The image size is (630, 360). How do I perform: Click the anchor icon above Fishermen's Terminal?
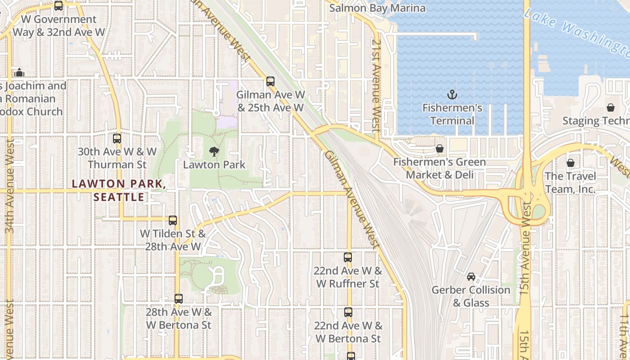[452, 94]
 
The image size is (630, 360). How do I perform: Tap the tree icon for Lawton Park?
[214, 152]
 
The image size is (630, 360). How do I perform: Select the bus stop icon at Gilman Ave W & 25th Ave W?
[270, 81]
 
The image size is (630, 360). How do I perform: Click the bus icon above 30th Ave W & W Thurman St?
[117, 139]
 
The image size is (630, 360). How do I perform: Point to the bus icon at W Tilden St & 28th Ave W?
[173, 220]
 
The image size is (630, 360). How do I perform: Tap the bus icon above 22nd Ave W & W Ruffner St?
[348, 257]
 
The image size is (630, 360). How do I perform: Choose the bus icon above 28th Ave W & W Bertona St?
[179, 299]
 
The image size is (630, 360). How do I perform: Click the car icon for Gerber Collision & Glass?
[471, 277]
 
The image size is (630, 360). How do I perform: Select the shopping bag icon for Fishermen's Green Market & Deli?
[440, 148]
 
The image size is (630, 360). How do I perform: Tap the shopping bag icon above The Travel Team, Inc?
[571, 163]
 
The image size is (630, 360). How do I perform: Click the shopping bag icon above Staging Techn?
[611, 108]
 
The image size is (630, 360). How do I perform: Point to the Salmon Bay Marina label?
[377, 8]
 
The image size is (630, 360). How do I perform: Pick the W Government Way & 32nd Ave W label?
[59, 26]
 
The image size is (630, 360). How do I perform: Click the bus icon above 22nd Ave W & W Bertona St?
[348, 312]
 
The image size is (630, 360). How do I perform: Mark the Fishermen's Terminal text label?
[452, 114]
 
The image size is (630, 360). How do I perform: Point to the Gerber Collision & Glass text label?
[471, 296]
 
